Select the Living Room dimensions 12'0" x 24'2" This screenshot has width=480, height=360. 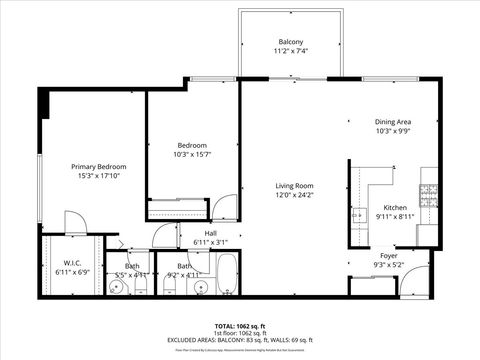(x=295, y=194)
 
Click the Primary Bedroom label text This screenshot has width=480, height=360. (x=98, y=166)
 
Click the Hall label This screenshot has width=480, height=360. (x=210, y=233)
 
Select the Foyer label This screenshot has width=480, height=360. (x=388, y=256)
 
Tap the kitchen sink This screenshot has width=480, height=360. (x=357, y=213)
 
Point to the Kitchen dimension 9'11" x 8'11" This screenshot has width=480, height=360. (x=396, y=215)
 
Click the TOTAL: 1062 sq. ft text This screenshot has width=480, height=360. (x=239, y=326)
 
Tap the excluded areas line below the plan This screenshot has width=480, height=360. (x=239, y=341)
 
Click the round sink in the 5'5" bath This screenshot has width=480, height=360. (x=118, y=288)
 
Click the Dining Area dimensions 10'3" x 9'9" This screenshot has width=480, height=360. (x=392, y=130)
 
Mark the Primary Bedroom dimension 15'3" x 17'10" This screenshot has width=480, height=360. (x=98, y=175)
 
